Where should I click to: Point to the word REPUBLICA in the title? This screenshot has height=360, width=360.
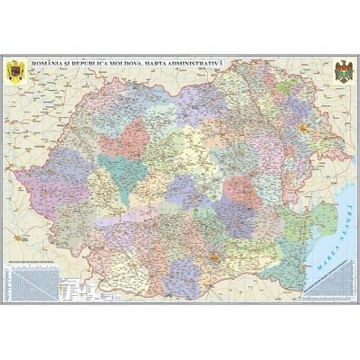[x=111, y=61]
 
